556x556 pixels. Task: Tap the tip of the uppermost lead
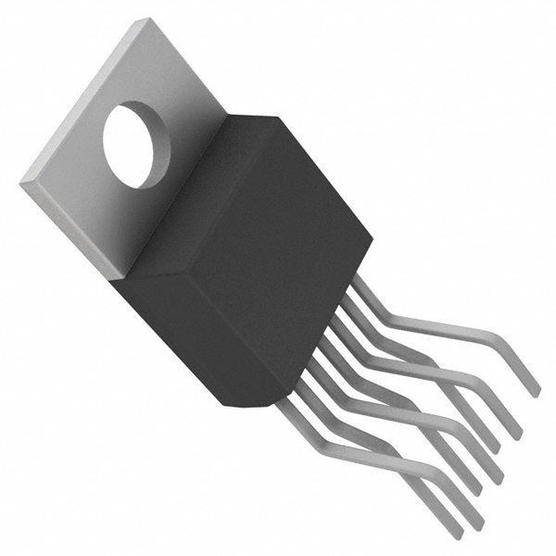[x=535, y=391]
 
